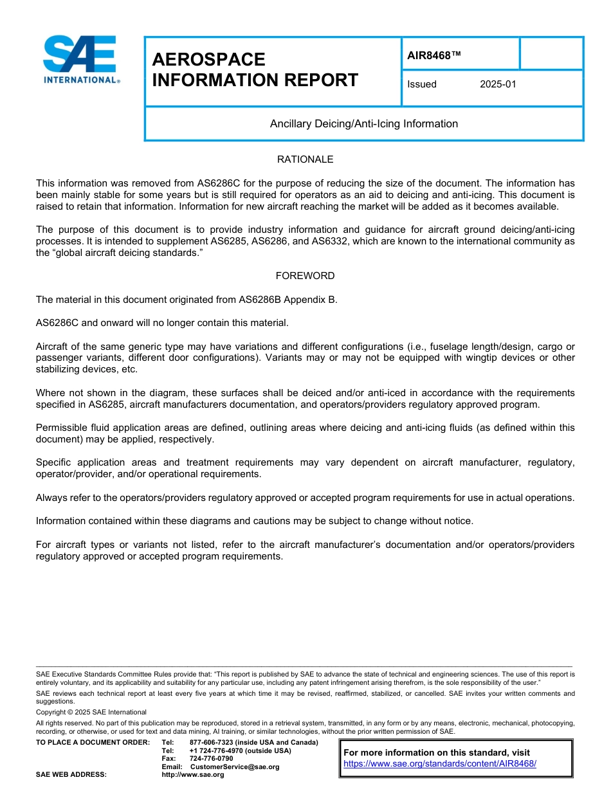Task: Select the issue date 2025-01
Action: pos(498,84)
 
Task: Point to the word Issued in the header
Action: pos(422,84)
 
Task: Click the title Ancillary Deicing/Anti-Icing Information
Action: pos(364,123)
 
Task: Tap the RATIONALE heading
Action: pos(305,159)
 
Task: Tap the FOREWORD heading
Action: pos(305,276)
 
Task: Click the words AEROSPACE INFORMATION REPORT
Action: pos(255,69)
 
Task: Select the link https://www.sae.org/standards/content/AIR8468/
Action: pos(440,763)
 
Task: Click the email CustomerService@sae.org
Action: pos(235,767)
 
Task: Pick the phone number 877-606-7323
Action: pos(216,743)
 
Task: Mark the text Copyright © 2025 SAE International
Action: pos(91,713)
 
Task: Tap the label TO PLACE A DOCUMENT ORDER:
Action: pos(93,743)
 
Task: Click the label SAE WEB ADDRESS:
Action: pos(71,774)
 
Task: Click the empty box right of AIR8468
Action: pos(551,53)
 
